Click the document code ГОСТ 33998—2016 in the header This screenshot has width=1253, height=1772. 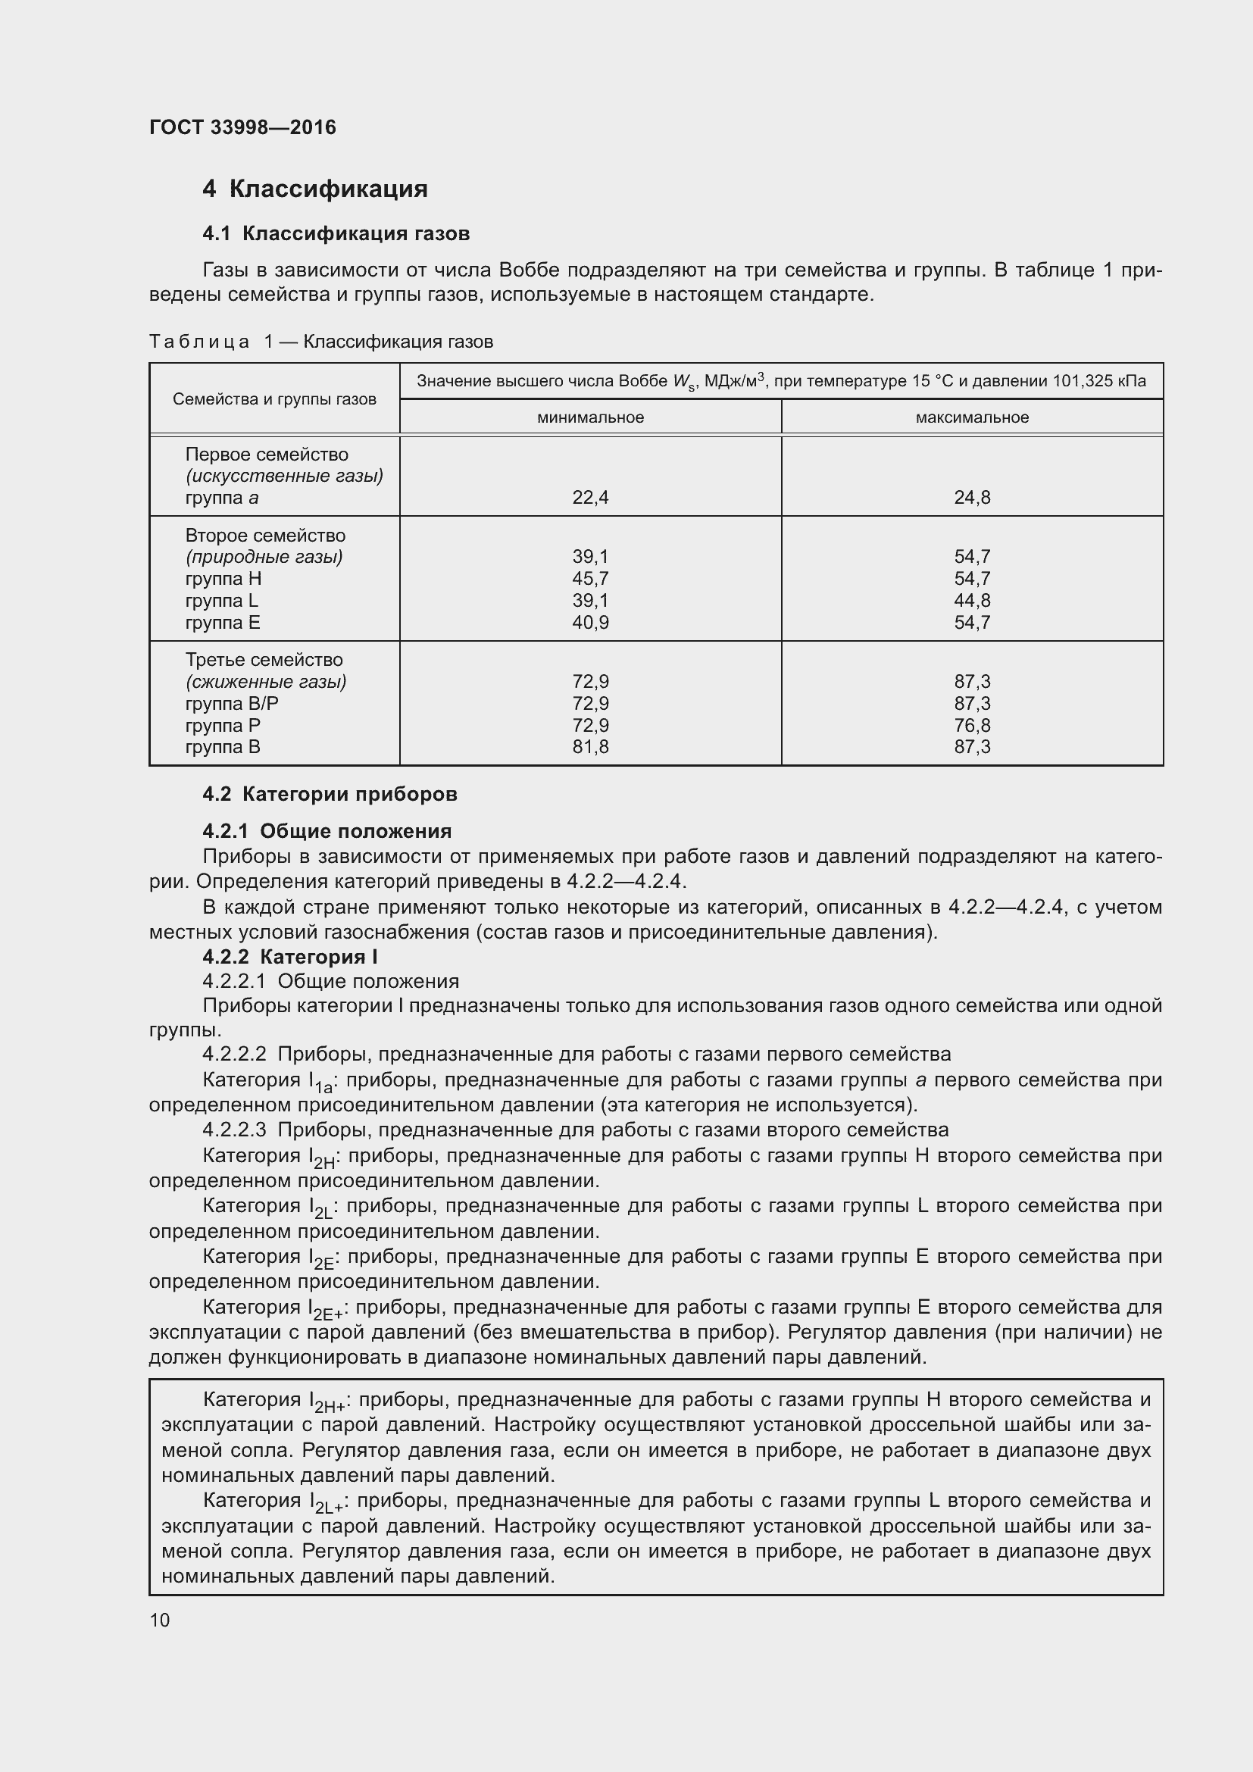(242, 127)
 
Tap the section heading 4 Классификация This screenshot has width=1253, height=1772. (315, 189)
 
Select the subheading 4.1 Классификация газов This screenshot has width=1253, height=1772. (336, 234)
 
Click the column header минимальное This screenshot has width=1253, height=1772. (590, 417)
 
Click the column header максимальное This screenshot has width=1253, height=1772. (971, 417)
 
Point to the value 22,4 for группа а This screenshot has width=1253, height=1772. (590, 498)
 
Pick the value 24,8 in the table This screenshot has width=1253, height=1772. (971, 498)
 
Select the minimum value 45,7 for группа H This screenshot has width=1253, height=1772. (590, 579)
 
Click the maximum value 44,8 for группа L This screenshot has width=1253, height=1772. (971, 601)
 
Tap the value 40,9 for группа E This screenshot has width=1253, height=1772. (590, 622)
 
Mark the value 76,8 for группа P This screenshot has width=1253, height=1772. (971, 726)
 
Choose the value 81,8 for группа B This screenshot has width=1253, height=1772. (590, 747)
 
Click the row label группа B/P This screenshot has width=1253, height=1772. (232, 703)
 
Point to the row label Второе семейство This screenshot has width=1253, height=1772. (264, 536)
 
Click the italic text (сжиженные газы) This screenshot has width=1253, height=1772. (265, 682)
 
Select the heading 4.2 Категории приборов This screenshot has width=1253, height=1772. (330, 794)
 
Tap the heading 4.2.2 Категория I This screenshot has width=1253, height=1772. (289, 957)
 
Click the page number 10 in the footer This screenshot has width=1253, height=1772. (160, 1620)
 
